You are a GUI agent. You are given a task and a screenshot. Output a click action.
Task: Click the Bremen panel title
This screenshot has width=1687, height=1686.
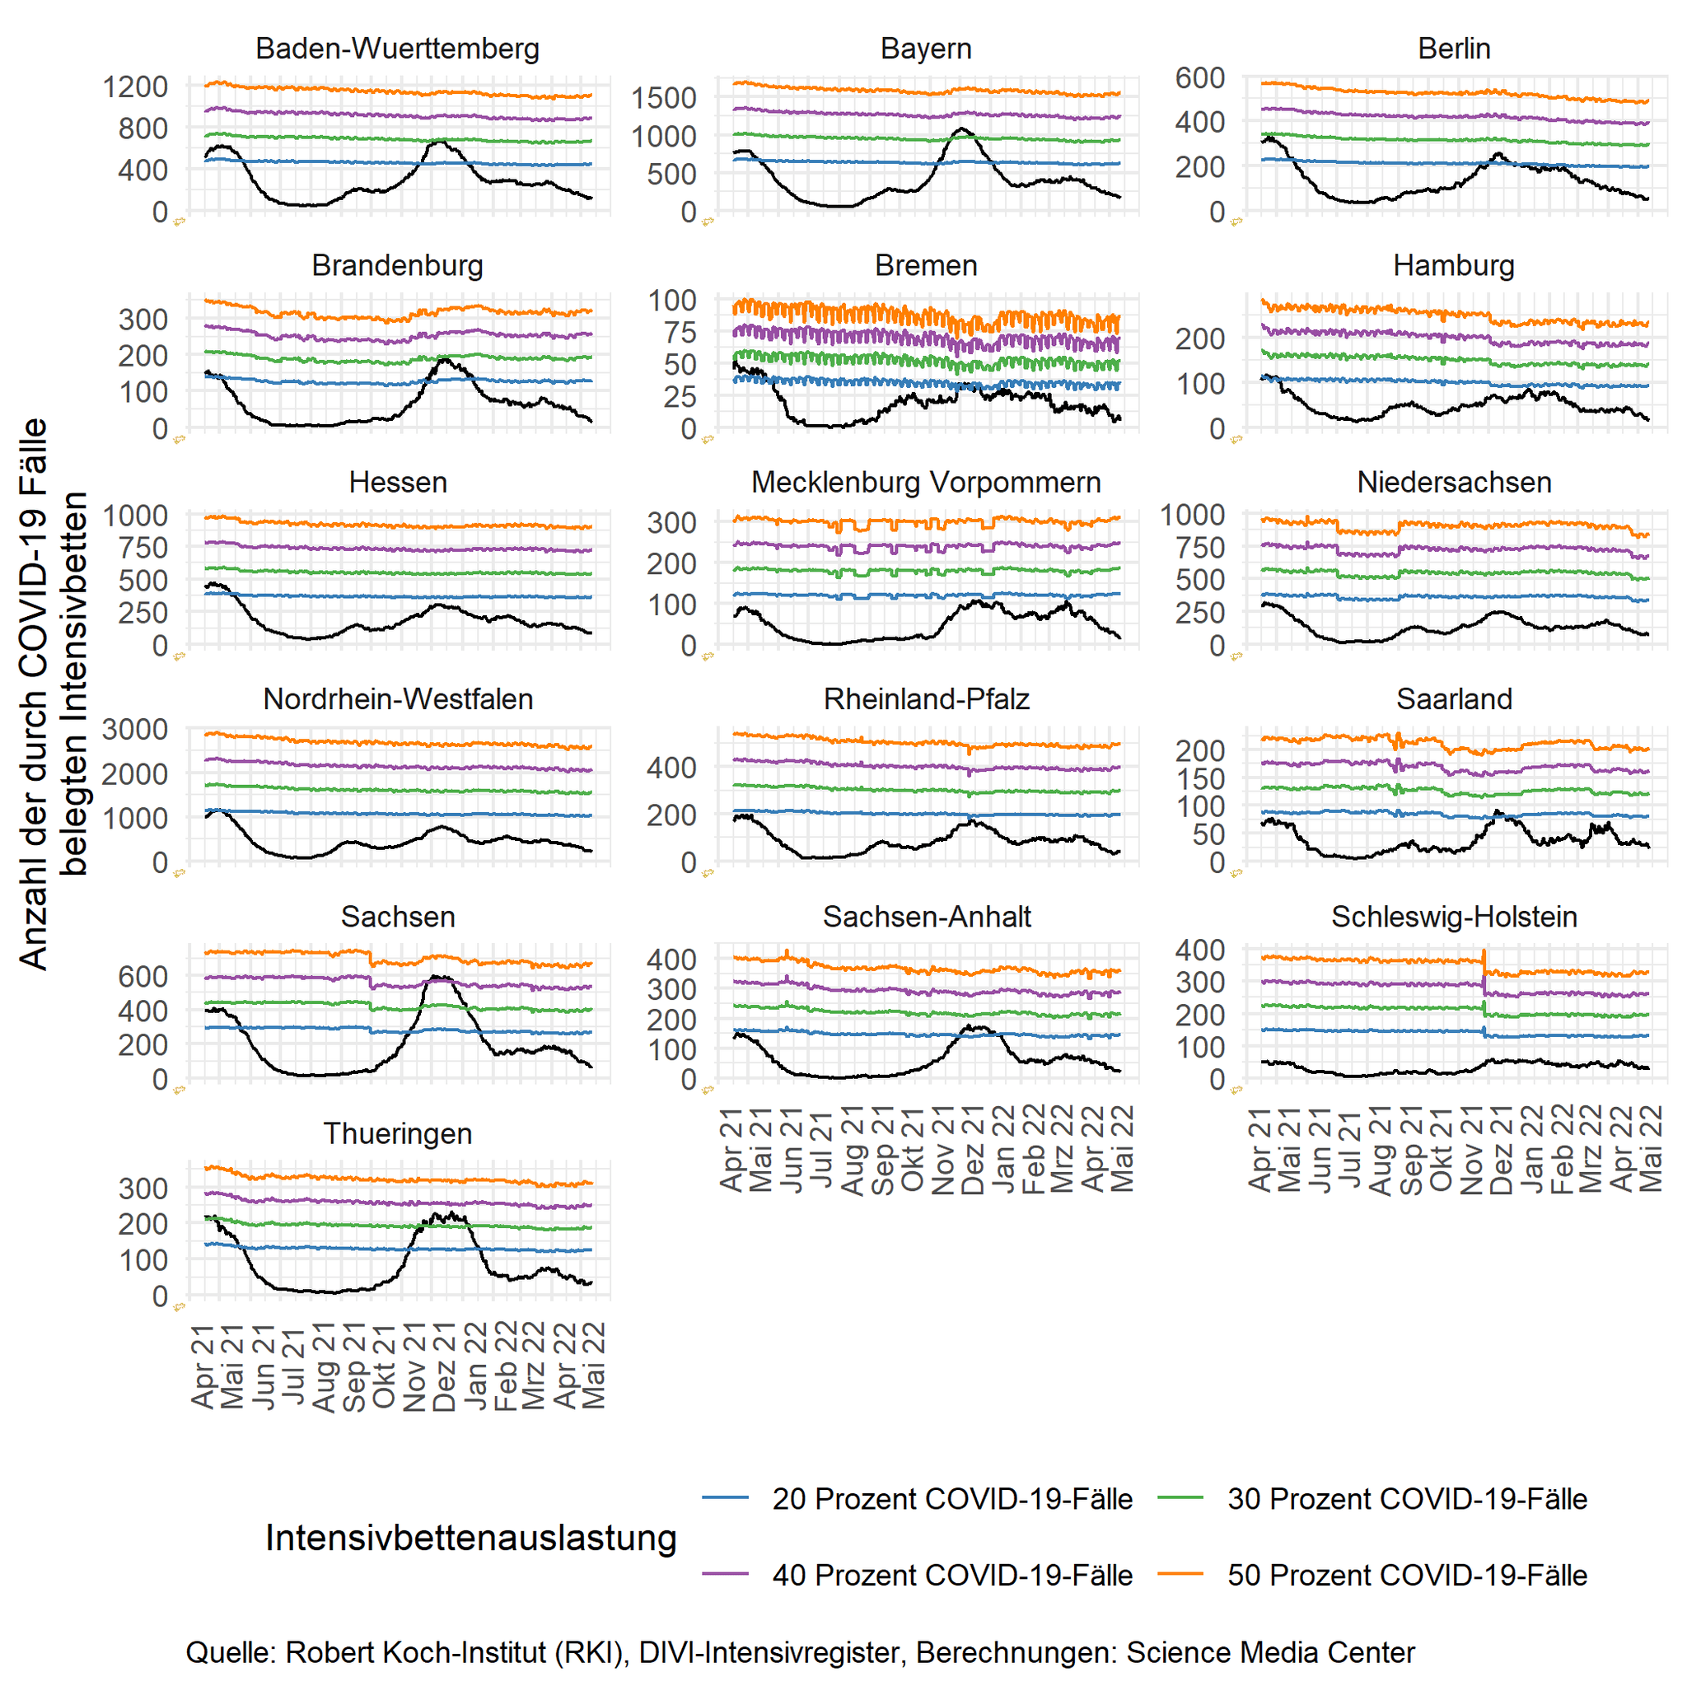point(926,265)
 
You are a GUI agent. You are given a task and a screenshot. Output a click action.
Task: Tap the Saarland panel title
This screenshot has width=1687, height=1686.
point(1454,699)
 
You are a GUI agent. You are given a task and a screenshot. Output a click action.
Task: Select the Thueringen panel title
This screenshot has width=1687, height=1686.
point(397,1133)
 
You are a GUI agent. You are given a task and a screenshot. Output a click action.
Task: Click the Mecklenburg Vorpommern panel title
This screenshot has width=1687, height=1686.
point(926,482)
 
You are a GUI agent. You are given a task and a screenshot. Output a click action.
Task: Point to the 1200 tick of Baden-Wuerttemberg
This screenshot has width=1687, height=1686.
point(135,86)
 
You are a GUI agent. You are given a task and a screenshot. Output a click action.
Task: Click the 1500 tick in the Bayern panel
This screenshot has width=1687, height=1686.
point(665,98)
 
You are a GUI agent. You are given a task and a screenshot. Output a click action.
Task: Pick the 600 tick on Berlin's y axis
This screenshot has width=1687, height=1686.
point(1199,77)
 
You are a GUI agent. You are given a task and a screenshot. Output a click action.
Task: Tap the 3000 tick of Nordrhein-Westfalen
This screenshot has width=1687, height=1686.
point(135,729)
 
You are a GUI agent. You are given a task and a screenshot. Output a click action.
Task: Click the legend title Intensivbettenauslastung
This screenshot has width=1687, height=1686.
point(470,1538)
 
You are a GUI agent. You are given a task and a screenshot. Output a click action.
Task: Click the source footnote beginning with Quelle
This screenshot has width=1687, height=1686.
point(800,1652)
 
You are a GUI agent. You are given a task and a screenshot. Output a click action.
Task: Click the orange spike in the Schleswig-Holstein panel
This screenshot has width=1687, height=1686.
point(1484,954)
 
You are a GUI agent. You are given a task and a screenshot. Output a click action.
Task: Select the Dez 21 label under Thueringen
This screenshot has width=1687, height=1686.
point(445,1367)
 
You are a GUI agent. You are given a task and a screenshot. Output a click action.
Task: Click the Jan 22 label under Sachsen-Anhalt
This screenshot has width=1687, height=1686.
point(1003,1149)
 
